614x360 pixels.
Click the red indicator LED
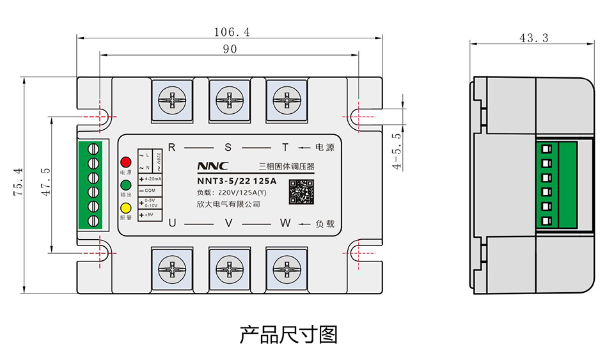(x=126, y=160)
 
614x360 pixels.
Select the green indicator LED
(x=126, y=185)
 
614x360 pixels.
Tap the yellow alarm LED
(x=126, y=208)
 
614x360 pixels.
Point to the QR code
(x=302, y=191)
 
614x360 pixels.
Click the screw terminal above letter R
(x=171, y=100)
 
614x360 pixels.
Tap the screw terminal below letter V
(x=228, y=268)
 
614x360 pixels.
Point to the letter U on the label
(x=171, y=223)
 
